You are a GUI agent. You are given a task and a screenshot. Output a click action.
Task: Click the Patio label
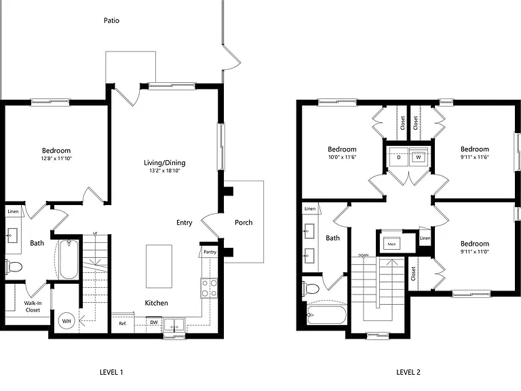coord(111,20)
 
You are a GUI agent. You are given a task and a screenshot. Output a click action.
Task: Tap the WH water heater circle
coord(66,321)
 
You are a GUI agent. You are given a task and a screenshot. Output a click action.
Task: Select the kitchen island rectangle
coord(159,266)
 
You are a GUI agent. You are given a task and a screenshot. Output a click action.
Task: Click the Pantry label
coord(210,252)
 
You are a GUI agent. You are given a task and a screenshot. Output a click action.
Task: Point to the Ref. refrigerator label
coord(123,323)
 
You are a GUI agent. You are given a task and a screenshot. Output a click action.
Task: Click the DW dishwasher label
coord(154,322)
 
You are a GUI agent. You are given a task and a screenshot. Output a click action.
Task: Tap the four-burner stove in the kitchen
coord(209,288)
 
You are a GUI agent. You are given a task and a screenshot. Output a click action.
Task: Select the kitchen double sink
coord(174,324)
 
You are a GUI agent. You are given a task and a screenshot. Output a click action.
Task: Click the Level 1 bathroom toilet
coord(14,267)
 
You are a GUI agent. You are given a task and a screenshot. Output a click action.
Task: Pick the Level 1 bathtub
coord(69,260)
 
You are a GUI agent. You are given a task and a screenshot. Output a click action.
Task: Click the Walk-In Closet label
coord(33,307)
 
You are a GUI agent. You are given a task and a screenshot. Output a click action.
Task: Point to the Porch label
coord(244,223)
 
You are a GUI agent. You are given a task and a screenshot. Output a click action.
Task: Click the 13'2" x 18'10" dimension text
coord(165,171)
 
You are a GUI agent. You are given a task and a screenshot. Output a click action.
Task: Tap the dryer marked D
coord(399,157)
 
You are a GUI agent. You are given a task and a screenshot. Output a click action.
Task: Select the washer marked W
coord(419,157)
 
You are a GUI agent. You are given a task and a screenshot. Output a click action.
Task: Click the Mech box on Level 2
coord(391,244)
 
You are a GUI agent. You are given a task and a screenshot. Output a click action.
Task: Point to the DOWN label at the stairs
coord(363,255)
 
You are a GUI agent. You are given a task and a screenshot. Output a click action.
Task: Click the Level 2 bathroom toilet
coord(311,288)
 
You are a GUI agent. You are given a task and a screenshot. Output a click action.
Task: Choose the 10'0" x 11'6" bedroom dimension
coord(342,157)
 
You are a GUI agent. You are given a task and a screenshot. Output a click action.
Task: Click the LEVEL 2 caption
coord(408,372)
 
